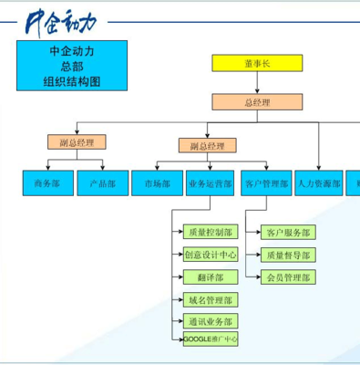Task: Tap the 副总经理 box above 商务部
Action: tap(77, 142)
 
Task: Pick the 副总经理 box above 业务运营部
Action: tap(207, 146)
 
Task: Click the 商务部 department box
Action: tap(47, 183)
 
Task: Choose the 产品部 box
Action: tap(103, 183)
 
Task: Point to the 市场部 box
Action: tap(157, 183)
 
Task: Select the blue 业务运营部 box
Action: tap(211, 183)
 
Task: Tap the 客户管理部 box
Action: tap(266, 183)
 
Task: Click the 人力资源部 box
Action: tap(319, 183)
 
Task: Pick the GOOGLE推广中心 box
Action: tap(211, 339)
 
